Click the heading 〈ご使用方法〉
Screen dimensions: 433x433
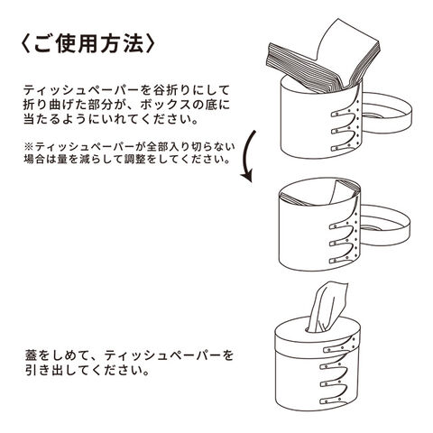88,44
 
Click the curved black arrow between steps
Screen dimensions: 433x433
249,156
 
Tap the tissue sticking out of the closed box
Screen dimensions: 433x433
327,308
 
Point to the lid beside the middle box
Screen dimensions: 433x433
386,225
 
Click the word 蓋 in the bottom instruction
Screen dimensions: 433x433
32,355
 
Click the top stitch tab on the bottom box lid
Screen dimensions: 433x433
336,349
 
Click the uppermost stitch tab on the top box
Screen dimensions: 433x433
344,113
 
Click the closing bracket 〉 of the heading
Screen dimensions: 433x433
151,44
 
